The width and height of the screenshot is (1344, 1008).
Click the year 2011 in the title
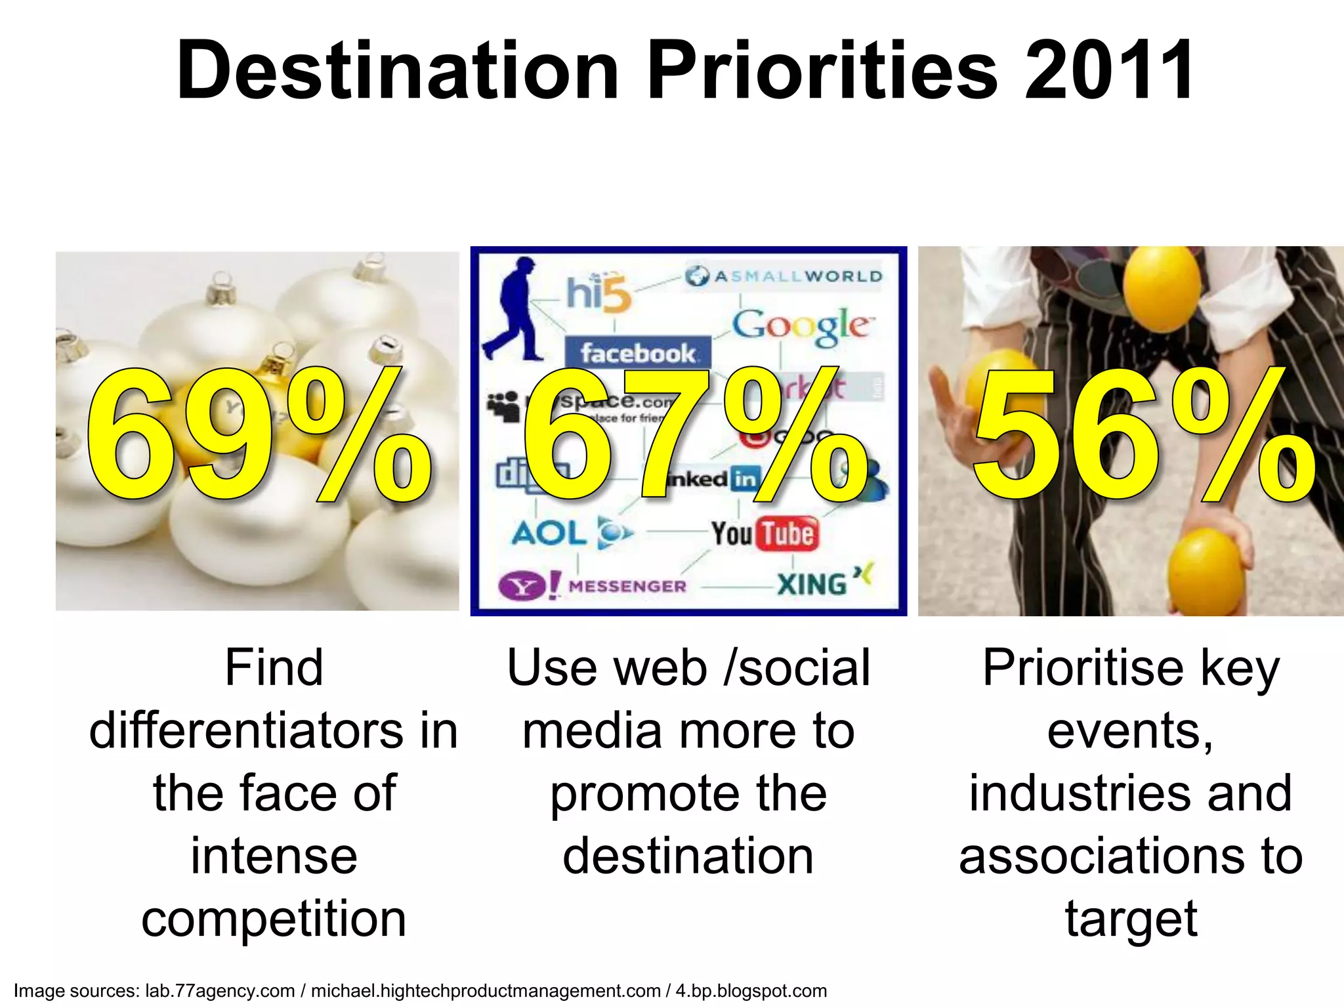point(1109,71)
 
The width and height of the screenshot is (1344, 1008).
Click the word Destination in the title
point(398,71)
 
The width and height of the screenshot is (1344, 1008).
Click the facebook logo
point(637,353)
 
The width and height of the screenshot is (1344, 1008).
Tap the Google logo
point(802,325)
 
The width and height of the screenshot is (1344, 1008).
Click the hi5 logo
point(598,293)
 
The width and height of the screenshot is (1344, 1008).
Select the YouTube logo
point(765,533)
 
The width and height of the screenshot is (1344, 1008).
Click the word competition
point(274,919)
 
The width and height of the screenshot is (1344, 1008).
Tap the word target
point(1131,919)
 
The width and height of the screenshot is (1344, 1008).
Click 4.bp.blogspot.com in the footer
point(751,990)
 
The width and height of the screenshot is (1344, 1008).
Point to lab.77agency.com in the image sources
point(220,990)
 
